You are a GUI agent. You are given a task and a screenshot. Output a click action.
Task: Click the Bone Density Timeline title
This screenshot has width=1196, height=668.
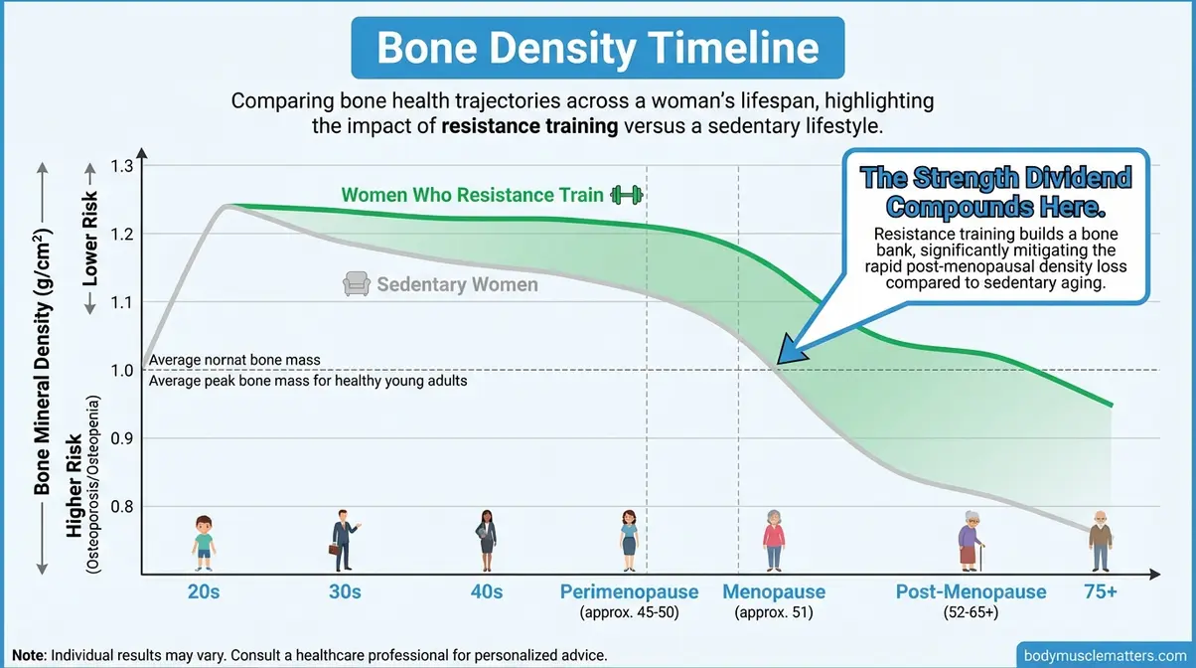597,49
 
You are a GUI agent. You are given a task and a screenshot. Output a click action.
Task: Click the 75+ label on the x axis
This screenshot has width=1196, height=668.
1100,591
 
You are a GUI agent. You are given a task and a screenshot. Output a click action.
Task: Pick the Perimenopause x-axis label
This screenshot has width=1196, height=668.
629,591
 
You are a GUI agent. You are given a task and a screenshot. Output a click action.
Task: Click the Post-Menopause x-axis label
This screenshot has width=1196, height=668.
971,591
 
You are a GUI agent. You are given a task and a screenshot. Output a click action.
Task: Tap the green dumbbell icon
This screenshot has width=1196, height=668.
627,194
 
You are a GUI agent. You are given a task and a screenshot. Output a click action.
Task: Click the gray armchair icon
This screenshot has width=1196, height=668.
356,284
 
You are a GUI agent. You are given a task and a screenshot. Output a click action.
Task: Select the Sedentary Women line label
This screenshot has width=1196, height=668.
457,285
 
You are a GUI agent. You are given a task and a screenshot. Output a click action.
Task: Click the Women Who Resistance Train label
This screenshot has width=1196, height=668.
472,195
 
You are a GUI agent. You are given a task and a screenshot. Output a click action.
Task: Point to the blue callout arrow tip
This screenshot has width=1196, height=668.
781,362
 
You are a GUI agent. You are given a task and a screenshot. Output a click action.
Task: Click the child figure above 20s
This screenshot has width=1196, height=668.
204,542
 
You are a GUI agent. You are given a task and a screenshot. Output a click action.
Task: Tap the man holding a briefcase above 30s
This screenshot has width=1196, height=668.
344,540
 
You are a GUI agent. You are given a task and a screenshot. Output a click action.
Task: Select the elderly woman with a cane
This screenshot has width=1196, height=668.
970,542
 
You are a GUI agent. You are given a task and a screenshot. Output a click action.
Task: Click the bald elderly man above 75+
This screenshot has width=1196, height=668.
1100,542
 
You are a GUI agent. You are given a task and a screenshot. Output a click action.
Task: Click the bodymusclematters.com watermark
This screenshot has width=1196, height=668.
1105,655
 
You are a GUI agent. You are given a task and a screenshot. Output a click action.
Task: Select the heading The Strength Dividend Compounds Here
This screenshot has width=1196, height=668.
996,193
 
